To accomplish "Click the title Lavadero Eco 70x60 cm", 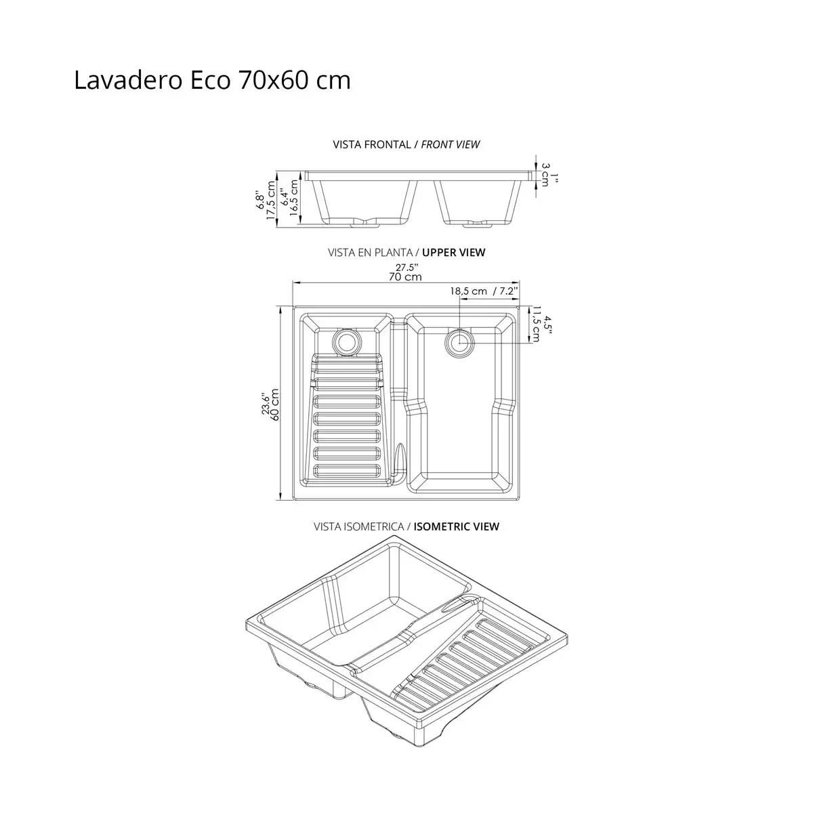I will (212, 81).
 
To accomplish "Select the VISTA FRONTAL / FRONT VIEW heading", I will (406, 144).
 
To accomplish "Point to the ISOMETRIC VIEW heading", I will (456, 526).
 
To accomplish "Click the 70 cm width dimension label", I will (406, 276).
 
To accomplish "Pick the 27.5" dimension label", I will (407, 267).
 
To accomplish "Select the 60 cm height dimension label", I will (274, 405).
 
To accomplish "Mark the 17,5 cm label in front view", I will (271, 201).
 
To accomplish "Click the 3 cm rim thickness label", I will (545, 170).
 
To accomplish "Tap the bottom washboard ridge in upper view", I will (348, 470).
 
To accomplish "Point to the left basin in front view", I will (364, 201).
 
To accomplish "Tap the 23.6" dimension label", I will (266, 405).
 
